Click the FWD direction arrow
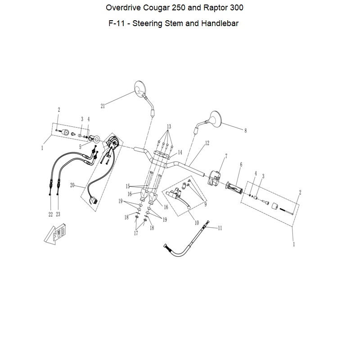point(54,234)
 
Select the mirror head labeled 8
point(216,118)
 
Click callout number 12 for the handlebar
point(207,143)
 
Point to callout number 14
point(180,152)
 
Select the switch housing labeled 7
point(215,177)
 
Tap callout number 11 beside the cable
point(220,228)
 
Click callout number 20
point(72,185)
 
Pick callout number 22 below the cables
point(51,214)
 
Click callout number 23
point(58,214)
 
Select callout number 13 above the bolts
point(169,126)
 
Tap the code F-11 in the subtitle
point(117,23)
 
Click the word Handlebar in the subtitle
point(220,23)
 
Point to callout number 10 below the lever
point(197,223)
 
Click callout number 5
point(80,147)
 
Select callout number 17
point(136,233)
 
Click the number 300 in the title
point(237,8)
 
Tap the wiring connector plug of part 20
point(94,199)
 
